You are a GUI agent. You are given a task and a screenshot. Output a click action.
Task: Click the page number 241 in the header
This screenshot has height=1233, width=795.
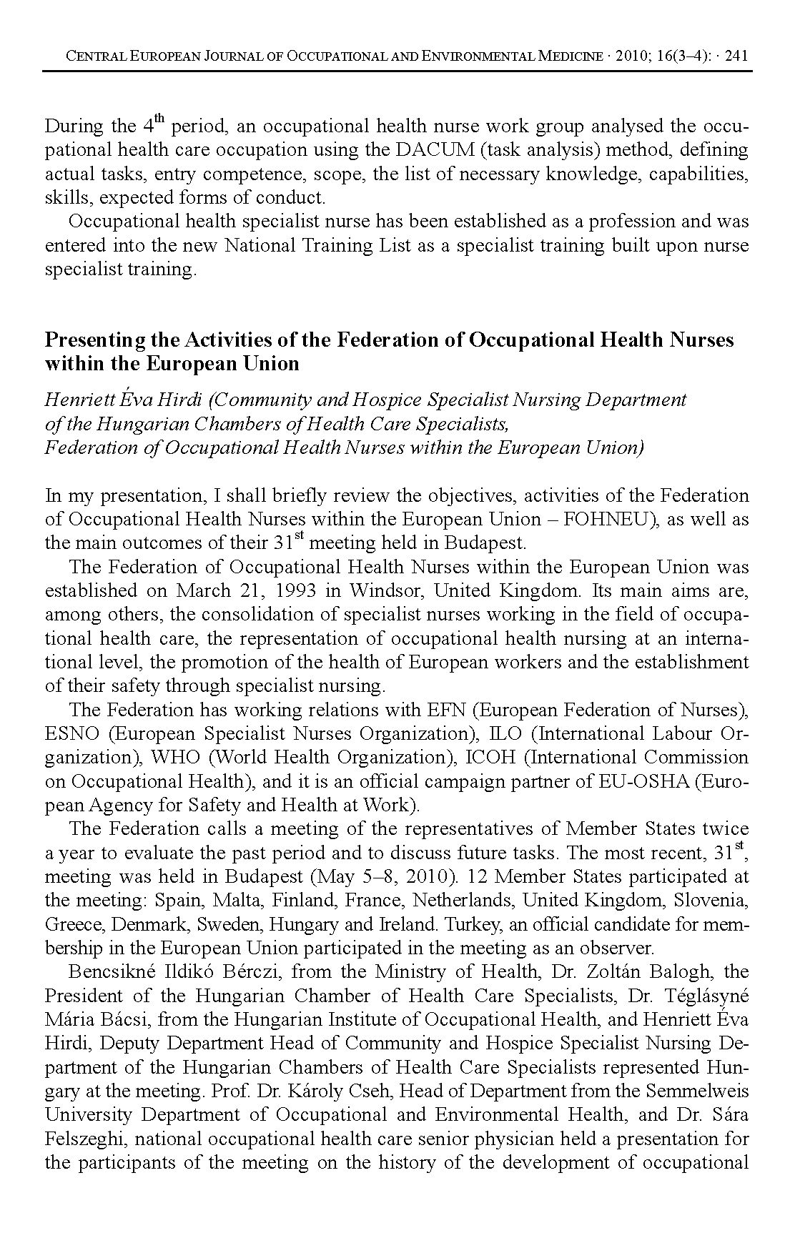(x=736, y=56)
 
